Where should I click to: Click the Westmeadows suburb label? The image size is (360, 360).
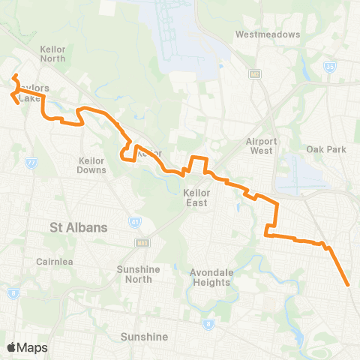(x=267, y=34)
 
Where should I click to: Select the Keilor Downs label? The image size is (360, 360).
(x=91, y=164)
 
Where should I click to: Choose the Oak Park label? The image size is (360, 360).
(x=326, y=149)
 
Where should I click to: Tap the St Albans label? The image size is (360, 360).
(x=79, y=226)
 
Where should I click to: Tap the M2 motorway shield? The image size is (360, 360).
(x=256, y=73)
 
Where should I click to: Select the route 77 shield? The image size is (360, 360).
(x=31, y=162)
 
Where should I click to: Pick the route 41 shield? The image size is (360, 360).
(x=134, y=222)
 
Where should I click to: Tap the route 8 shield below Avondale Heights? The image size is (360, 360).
(x=209, y=324)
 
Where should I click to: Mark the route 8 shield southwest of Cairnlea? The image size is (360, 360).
(x=14, y=293)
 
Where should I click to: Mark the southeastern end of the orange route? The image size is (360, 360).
(x=349, y=285)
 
